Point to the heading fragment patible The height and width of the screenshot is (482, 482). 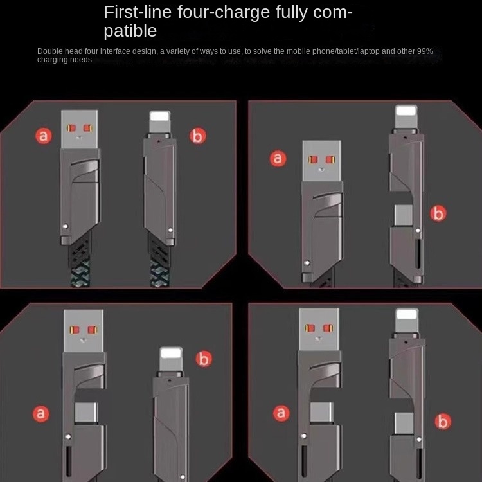130,30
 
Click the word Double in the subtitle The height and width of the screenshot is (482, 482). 49,51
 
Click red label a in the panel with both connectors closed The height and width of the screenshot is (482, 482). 44,136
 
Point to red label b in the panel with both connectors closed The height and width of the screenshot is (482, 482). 197,136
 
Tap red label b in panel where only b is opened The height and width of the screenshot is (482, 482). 438,214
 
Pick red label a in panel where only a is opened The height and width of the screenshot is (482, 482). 41,413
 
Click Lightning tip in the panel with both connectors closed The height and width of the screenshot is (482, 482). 159,121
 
